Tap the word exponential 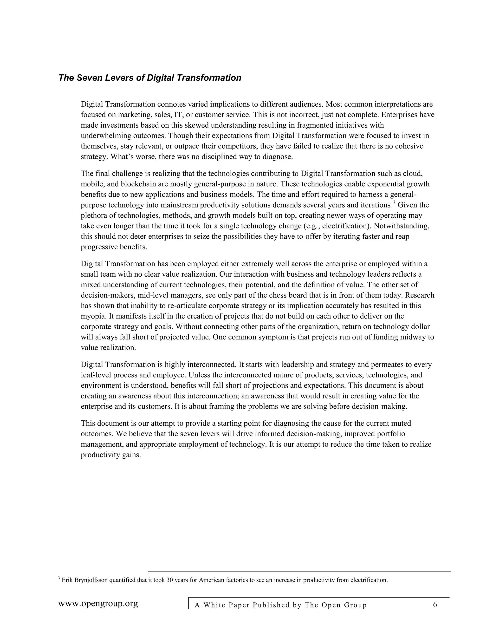tap(383, 184)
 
